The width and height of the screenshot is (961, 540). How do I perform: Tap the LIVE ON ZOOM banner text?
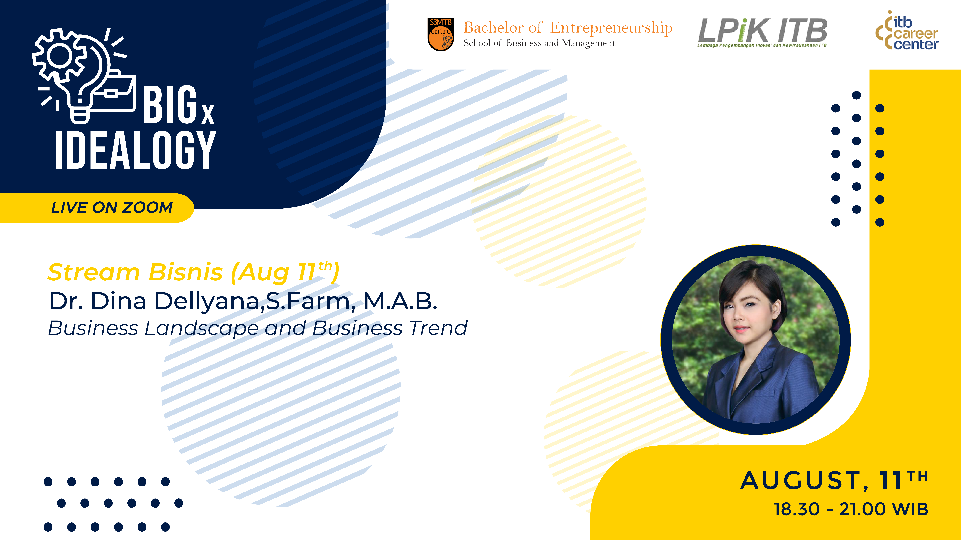112,208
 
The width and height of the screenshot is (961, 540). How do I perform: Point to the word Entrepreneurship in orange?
611,28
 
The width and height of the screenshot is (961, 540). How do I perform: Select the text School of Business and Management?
539,43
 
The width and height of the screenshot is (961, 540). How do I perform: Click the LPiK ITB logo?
762,32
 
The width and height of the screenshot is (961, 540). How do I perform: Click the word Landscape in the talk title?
201,328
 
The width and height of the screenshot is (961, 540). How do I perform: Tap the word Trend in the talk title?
438,328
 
